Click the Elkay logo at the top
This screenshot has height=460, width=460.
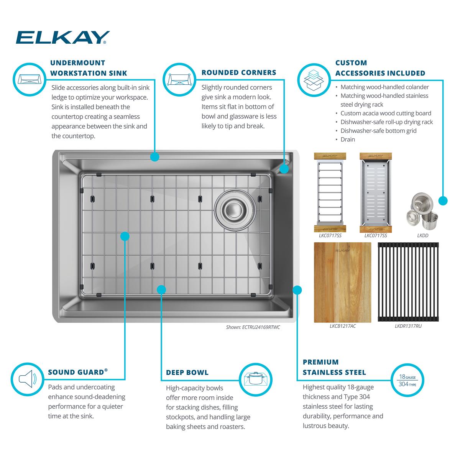(62, 37)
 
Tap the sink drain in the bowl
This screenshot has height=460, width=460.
(235, 210)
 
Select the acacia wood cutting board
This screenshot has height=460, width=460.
(342, 283)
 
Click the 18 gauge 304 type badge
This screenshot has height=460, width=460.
(407, 380)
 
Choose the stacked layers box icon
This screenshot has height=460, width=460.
(314, 80)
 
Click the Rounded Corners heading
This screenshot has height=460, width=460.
(239, 72)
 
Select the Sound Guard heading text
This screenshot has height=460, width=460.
(78, 372)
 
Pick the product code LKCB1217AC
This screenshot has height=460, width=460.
(343, 326)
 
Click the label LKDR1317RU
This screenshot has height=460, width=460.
(408, 326)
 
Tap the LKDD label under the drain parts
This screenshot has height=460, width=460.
(422, 236)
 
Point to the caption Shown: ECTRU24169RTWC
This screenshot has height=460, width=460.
(253, 327)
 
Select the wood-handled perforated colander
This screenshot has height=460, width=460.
(376, 192)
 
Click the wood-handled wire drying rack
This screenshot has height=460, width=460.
(330, 192)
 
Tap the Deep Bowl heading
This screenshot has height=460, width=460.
(187, 372)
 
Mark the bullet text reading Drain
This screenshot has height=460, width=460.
(348, 140)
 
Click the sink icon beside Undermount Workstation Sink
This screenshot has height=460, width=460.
(30, 79)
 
